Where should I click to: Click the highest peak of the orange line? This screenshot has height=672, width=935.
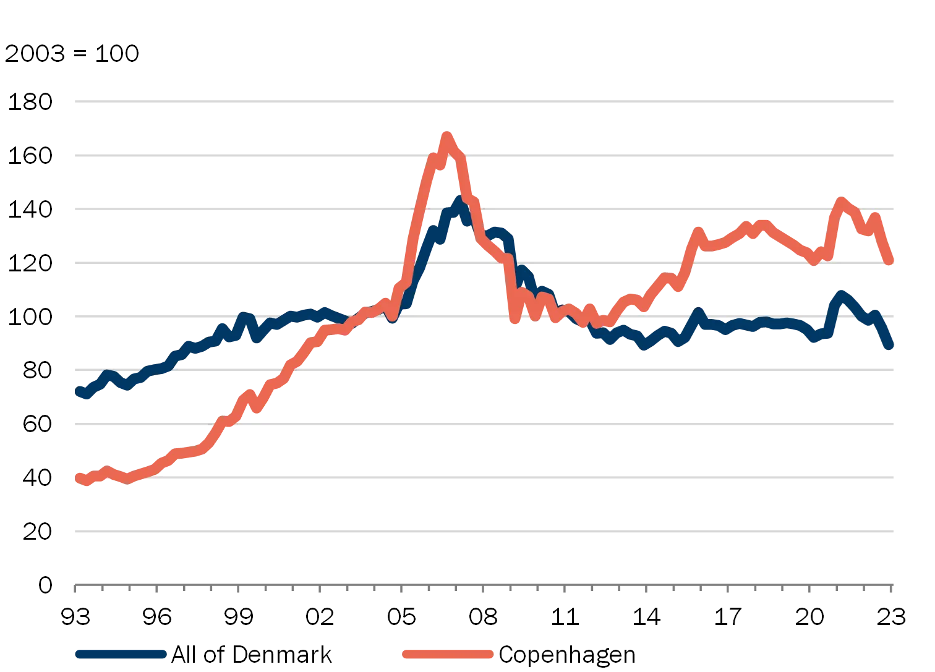(x=446, y=135)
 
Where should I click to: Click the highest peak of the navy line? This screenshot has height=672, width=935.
(x=458, y=202)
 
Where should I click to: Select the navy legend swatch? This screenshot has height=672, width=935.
(x=121, y=655)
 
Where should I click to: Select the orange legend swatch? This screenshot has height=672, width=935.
(x=447, y=655)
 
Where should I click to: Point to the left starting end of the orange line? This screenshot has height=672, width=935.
(x=77, y=478)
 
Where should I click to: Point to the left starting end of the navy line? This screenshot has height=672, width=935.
(x=77, y=391)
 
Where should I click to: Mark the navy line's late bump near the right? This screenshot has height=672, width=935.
(x=841, y=292)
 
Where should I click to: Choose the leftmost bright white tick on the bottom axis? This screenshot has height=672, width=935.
(x=432, y=590)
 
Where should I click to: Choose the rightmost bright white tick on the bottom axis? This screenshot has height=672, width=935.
(x=596, y=590)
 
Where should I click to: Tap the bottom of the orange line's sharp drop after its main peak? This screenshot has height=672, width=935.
(x=514, y=319)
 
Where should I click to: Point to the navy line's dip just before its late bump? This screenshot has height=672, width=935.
(x=814, y=338)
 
